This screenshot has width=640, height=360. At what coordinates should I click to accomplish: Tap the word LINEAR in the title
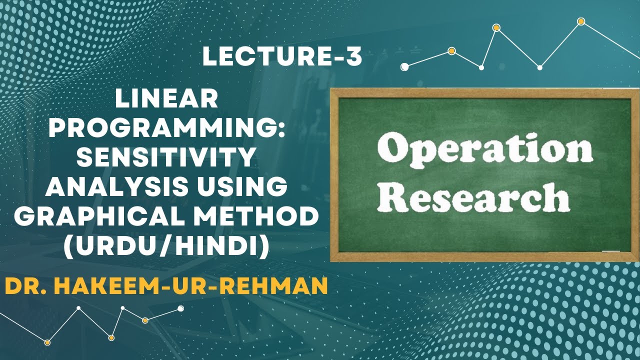[166, 100]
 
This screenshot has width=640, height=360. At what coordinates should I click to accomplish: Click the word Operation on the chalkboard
[485, 149]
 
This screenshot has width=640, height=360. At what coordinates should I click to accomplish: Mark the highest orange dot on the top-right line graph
[581, 21]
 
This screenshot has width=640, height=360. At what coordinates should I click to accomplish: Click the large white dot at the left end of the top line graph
[404, 66]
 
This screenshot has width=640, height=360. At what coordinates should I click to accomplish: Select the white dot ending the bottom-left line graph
[180, 308]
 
